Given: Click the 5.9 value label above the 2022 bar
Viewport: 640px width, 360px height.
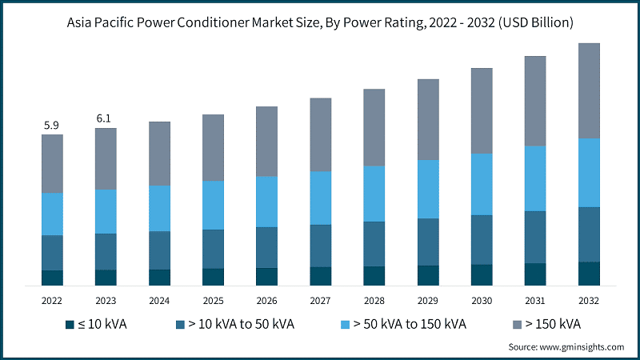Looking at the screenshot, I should click(x=52, y=125).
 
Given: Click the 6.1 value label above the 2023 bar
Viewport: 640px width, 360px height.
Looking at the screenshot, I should click(x=106, y=118).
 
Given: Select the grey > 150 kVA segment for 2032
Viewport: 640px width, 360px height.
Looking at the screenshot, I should click(x=589, y=90).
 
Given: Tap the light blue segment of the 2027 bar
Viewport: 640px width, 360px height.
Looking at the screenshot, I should click(x=320, y=198).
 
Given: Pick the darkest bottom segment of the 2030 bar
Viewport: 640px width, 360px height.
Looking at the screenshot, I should click(x=482, y=274).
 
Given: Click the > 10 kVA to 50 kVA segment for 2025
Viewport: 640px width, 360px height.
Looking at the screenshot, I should click(x=213, y=249).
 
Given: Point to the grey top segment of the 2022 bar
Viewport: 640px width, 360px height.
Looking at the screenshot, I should click(x=52, y=163).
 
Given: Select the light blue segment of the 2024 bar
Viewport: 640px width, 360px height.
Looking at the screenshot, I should click(x=159, y=208).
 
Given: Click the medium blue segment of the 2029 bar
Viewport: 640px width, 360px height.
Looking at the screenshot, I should click(x=428, y=242).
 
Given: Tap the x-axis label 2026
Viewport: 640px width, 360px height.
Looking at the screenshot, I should click(x=266, y=300).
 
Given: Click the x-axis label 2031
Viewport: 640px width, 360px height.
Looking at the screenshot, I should click(x=535, y=300).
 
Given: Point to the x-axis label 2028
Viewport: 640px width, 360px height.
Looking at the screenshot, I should click(x=374, y=300).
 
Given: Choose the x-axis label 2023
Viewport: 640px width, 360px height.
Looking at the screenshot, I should click(x=106, y=300).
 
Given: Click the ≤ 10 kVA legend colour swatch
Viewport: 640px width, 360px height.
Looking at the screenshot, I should click(x=72, y=324).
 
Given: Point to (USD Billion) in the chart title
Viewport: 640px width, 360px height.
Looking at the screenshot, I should click(x=533, y=22).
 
